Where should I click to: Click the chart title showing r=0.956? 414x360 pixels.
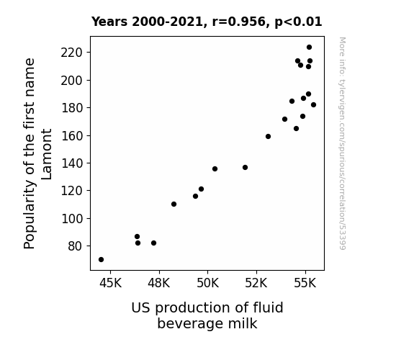(207, 22)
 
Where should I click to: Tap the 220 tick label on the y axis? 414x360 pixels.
(72, 53)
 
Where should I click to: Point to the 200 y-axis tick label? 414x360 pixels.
(72, 81)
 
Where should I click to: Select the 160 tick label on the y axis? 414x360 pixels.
(72, 135)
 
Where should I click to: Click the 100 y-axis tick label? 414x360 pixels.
(72, 218)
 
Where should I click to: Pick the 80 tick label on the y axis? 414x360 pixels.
(76, 246)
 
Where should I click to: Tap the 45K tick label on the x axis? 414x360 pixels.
(110, 283)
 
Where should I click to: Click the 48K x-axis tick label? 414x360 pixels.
(159, 283)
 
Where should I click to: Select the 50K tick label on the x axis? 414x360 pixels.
(208, 283)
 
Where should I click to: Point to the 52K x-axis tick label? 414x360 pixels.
(256, 283)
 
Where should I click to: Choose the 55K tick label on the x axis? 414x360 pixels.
(305, 283)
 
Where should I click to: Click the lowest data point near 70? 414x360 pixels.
(101, 260)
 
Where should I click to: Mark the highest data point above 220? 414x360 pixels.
(309, 48)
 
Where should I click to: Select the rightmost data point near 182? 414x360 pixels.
(313, 105)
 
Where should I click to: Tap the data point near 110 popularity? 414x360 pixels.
(174, 204)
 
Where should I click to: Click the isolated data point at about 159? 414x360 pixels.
(268, 137)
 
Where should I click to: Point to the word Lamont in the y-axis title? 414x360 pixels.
(47, 154)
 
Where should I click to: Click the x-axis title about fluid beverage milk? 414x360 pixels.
(207, 315)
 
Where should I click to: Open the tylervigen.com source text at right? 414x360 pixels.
(343, 143)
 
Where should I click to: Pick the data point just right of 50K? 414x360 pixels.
(215, 168)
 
